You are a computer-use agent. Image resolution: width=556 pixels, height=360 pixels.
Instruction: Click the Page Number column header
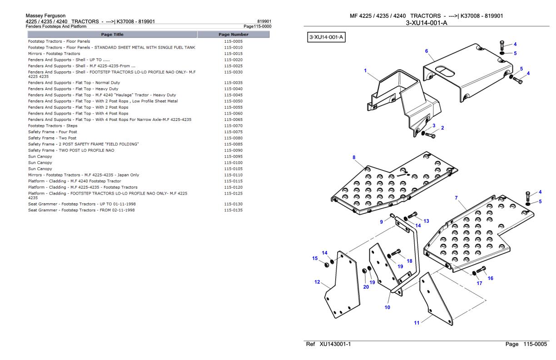tap(233, 35)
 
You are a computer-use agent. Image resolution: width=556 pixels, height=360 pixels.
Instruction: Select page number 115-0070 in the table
tap(233, 125)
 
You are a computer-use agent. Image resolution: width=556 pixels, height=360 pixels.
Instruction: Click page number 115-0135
tap(233, 210)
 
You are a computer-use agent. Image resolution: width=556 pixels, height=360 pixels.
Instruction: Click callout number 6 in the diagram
tap(427, 51)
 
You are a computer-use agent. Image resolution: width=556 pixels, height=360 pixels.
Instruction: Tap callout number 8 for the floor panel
tap(354, 157)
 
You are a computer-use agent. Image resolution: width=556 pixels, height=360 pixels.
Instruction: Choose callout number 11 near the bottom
tap(416, 323)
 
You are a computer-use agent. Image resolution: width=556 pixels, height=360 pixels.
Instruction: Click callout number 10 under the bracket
tap(387, 307)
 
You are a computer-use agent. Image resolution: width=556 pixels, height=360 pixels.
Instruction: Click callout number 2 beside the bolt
tap(442, 128)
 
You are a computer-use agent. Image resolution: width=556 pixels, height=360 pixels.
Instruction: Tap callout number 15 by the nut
tap(314, 258)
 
